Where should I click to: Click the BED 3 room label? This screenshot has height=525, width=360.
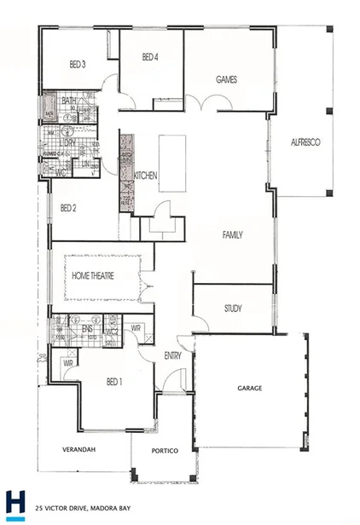click(78, 65)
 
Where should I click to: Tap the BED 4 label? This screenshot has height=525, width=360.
click(150, 58)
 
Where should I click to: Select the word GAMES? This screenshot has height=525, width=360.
click(226, 80)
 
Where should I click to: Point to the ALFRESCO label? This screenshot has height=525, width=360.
click(305, 143)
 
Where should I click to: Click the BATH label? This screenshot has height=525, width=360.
click(69, 101)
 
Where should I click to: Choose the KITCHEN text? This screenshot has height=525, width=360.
click(146, 176)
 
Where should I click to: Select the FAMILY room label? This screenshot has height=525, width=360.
click(233, 234)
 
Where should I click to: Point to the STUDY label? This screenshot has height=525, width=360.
click(233, 309)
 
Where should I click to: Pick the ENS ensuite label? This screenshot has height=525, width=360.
click(87, 328)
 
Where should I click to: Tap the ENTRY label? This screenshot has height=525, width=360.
click(172, 357)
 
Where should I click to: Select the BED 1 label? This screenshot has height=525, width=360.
click(113, 382)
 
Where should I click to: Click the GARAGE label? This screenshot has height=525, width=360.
click(249, 389)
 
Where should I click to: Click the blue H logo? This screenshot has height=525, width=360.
click(15, 504)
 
